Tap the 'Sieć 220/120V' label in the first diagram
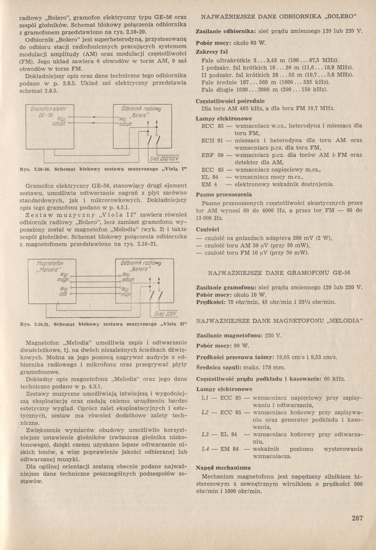coord(164,159)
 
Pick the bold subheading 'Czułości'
coord(208,229)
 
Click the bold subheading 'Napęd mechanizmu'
coord(223,468)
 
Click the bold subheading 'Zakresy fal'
coord(212,52)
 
